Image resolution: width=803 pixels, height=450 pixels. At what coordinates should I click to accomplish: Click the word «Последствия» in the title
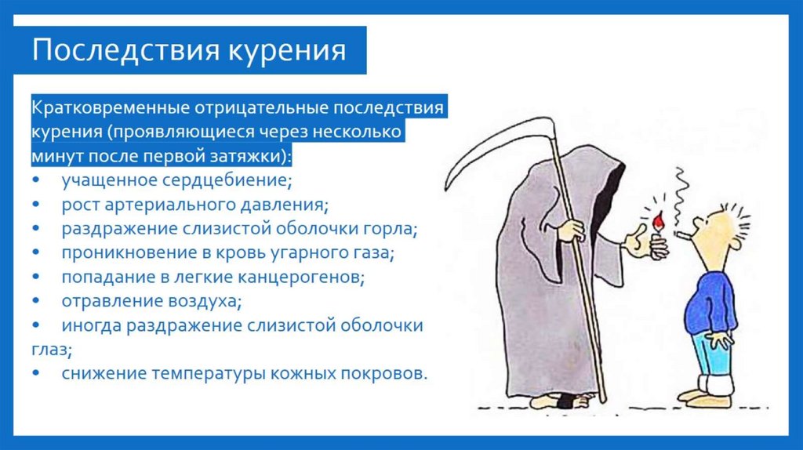[125, 51]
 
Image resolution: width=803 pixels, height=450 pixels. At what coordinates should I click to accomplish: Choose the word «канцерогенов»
[298, 277]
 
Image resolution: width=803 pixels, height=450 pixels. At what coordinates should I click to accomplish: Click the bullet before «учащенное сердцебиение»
[37, 181]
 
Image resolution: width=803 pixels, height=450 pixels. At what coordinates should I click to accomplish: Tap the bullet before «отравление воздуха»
[37, 302]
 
